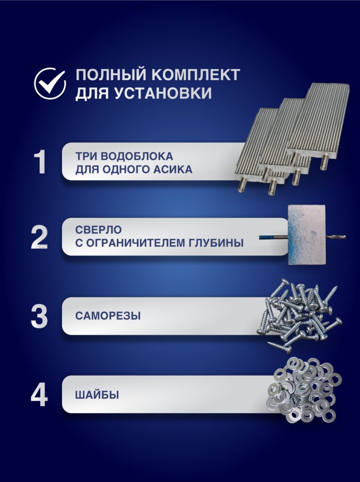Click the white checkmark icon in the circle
pos(50,83)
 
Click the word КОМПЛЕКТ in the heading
pos(196,75)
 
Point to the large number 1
pos(40,162)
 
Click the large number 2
pos(40,237)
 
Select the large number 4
pos(40,395)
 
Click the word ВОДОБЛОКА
pos(137,156)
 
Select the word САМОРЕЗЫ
pos(108,316)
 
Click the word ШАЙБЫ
pos(97,395)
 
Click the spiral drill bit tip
pos(345,237)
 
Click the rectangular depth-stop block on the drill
pos(306,235)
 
